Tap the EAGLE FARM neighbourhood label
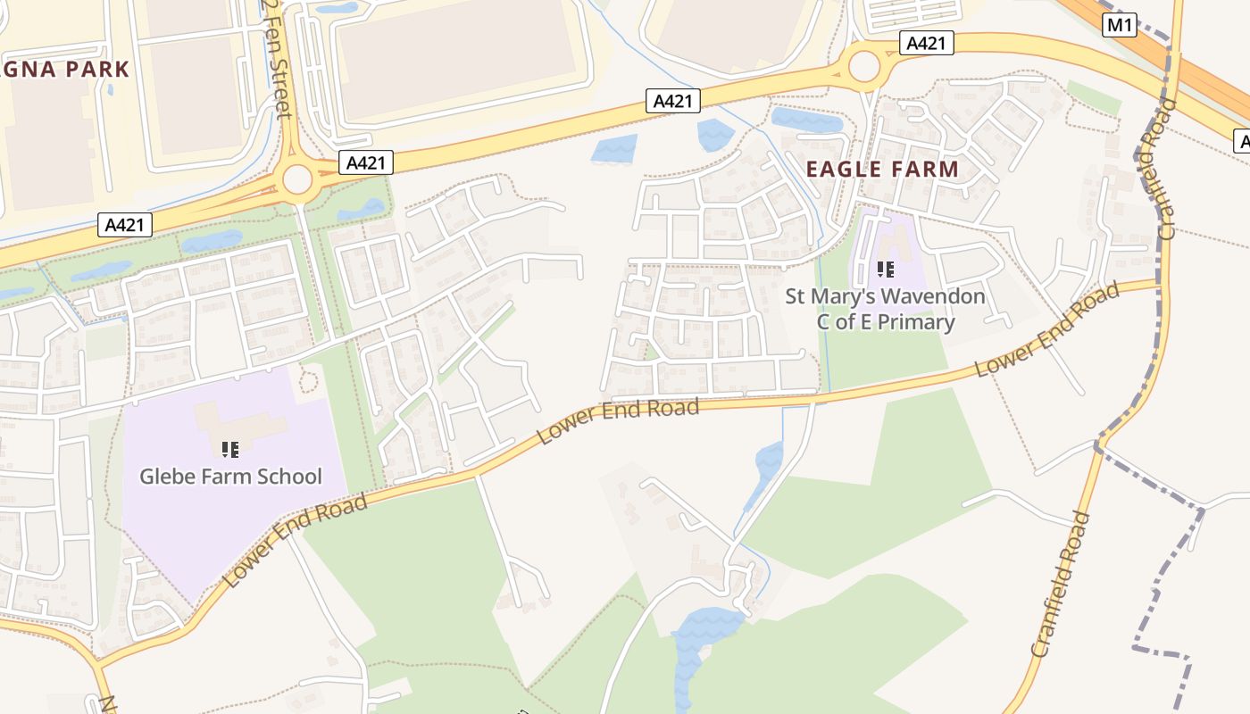click(882, 169)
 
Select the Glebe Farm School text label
click(230, 476)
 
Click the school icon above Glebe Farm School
click(230, 448)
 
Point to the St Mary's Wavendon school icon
click(885, 269)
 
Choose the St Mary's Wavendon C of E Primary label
click(885, 309)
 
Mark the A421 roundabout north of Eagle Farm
click(864, 65)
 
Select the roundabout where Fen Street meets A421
click(297, 179)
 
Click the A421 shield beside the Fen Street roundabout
click(366, 162)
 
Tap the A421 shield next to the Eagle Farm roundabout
click(929, 43)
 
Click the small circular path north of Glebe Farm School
click(309, 382)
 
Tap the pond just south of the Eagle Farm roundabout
click(805, 120)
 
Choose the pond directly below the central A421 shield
click(614, 149)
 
